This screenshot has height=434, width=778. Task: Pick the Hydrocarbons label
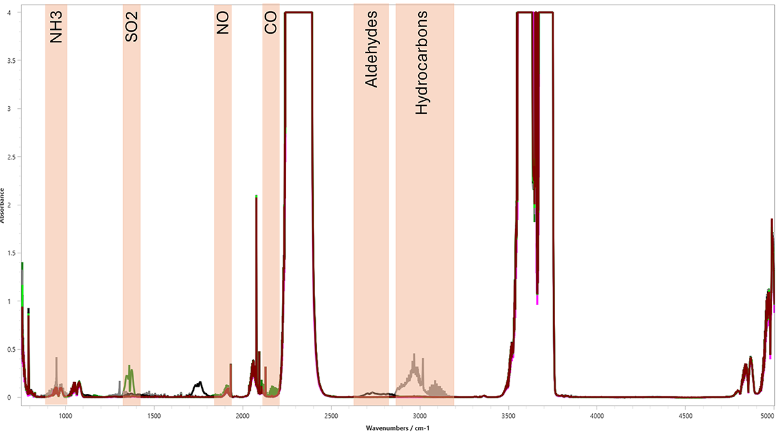coord(422,63)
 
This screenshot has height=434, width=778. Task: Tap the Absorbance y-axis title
coord(3,205)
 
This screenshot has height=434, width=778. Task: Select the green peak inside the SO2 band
coord(130,367)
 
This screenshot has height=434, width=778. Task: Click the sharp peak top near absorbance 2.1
coord(256,197)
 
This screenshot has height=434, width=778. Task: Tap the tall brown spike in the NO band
coord(231,366)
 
